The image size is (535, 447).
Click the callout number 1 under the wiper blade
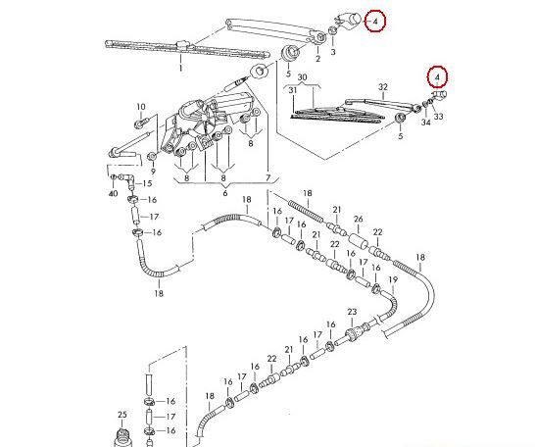click(181, 68)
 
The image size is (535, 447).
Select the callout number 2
click(318, 59)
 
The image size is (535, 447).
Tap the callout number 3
click(333, 52)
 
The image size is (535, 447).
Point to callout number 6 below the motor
click(224, 193)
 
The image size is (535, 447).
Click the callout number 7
click(268, 177)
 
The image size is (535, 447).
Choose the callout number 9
click(153, 172)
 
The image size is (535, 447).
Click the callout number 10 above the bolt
click(141, 107)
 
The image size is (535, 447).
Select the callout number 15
click(147, 183)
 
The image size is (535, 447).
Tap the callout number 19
click(393, 279)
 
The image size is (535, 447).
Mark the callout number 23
click(352, 312)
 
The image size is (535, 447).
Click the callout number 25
click(122, 415)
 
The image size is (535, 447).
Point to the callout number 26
click(359, 219)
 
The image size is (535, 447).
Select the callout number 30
click(303, 77)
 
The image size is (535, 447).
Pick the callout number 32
click(383, 87)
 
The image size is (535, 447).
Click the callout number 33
click(438, 117)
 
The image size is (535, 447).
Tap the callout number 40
click(113, 193)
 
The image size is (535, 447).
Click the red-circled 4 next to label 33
click(437, 77)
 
